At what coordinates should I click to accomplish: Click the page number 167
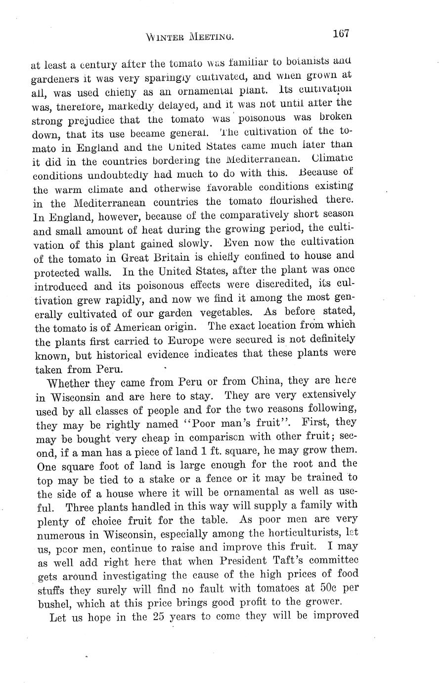[x=341, y=34]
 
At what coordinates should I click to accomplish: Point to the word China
[x=266, y=382]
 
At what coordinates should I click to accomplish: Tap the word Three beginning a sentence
[x=83, y=507]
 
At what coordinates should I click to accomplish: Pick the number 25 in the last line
[x=159, y=617]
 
